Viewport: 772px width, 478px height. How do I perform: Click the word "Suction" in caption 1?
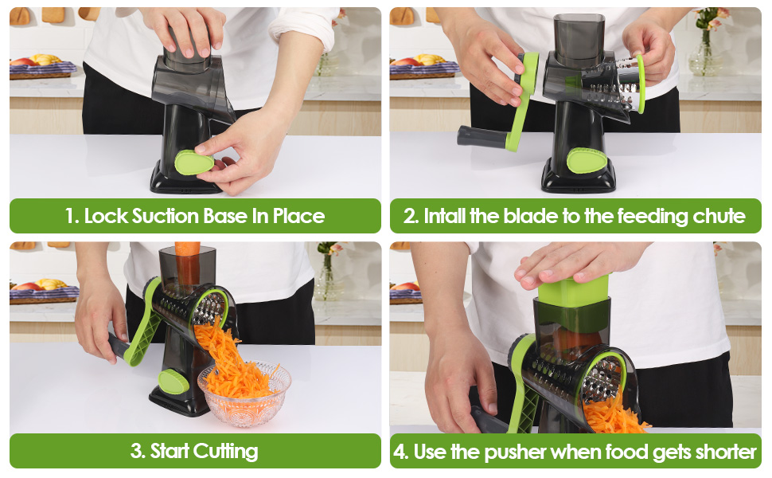(x=166, y=216)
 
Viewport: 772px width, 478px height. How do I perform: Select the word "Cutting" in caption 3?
(x=225, y=452)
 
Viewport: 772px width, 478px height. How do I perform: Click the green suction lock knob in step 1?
(x=194, y=163)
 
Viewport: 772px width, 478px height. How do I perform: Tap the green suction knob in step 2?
(x=587, y=160)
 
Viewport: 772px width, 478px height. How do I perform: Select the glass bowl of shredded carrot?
(x=244, y=393)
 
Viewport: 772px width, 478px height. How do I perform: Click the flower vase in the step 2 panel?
(x=705, y=53)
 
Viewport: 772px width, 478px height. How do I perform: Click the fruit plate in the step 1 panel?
(x=42, y=69)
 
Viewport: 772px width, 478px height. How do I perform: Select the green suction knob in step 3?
(x=174, y=381)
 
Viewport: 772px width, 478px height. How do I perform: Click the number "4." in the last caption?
(x=401, y=452)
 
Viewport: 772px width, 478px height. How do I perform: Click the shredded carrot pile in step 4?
(x=613, y=417)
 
